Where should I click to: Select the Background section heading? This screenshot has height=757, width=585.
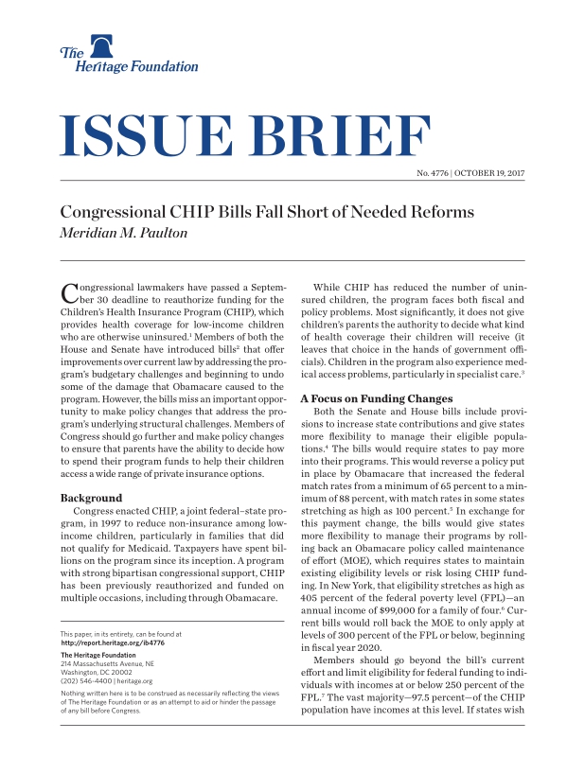91,497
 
